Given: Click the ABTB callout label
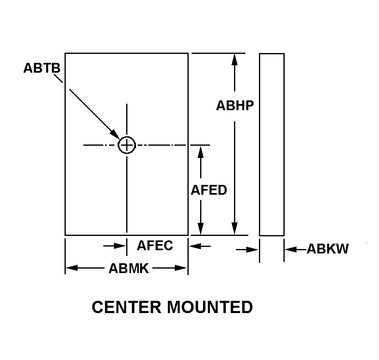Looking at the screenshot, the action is click(42, 68).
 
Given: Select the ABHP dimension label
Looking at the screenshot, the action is click(235, 106).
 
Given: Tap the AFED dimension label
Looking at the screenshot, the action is click(209, 190).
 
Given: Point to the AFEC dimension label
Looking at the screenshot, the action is click(155, 245).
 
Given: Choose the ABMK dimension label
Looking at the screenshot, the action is click(129, 268).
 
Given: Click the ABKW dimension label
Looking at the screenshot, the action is click(328, 249).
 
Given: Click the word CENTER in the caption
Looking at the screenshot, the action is click(127, 307).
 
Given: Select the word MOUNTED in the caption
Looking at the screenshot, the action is click(210, 307).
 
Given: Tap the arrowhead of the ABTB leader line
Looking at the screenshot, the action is click(115, 135).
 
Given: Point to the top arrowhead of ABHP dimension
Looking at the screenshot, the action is click(234, 60).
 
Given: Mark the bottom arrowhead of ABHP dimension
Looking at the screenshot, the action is click(234, 228).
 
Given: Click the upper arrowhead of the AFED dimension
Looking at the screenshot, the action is click(201, 152).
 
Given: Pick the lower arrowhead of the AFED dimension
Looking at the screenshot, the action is click(201, 229).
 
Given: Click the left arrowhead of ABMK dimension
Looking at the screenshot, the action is click(71, 268).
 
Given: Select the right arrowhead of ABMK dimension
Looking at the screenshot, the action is click(181, 268).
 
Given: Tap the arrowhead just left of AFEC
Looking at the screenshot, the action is click(120, 246).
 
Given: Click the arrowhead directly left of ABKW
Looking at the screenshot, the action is click(291, 249).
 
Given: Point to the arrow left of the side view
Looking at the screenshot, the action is click(247, 249).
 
